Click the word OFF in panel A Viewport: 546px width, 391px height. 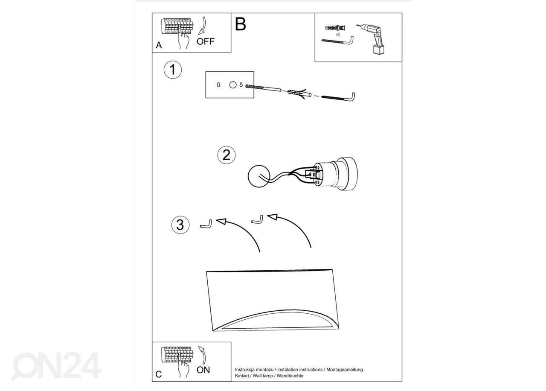coord(205,41)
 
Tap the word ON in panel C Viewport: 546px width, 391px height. coord(203,370)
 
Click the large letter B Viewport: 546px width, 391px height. coord(240,24)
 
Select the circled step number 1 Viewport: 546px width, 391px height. coord(173,70)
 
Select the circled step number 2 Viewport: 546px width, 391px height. coord(227,155)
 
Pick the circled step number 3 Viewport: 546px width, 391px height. coord(180,225)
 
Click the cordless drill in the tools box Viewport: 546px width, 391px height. coord(372,39)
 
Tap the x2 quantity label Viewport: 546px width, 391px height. coord(337,35)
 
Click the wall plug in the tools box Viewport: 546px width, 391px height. coord(335,28)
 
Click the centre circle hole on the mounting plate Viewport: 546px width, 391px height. coord(233,85)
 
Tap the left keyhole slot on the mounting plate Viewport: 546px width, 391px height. coord(218,85)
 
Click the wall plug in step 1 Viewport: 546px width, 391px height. coord(299,93)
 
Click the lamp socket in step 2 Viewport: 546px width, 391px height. coord(335,174)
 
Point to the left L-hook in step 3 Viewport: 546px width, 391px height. coord(206,225)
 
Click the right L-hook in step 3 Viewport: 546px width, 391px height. coord(257,219)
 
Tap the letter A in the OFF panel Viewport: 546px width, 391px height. coord(159,45)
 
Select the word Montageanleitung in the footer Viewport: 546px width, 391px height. coord(344,370)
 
